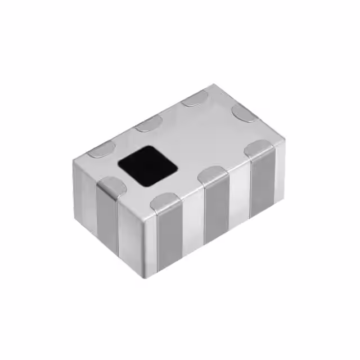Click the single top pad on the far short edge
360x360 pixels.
[245, 113]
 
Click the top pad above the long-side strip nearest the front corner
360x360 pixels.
[166, 201]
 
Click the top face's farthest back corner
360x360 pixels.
[214, 85]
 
